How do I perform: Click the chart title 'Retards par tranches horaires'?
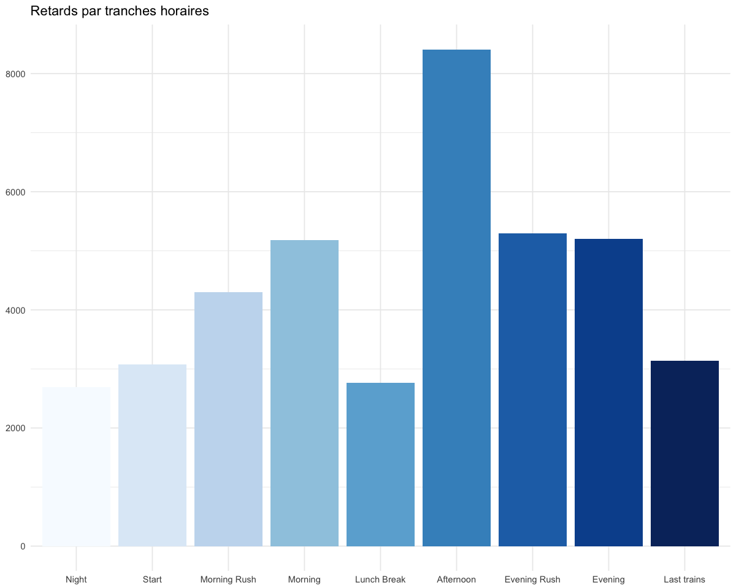click(120, 11)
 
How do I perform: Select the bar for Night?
click(76, 467)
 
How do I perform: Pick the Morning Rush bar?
click(228, 419)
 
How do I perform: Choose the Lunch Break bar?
click(380, 464)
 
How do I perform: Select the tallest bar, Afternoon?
click(456, 298)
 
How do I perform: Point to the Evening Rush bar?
click(532, 390)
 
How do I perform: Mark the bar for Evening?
click(608, 393)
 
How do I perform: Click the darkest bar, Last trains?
click(684, 453)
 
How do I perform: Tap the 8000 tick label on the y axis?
click(15, 74)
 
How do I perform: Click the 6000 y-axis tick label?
click(15, 192)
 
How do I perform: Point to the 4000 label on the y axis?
click(15, 310)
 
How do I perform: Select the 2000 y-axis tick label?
click(15, 428)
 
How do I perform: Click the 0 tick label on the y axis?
click(23, 546)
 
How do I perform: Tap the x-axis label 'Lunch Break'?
click(380, 579)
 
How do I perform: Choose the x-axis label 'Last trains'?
click(684, 579)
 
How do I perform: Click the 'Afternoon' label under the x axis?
click(456, 579)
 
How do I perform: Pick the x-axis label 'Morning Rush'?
click(228, 579)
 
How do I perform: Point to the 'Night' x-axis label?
click(76, 579)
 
